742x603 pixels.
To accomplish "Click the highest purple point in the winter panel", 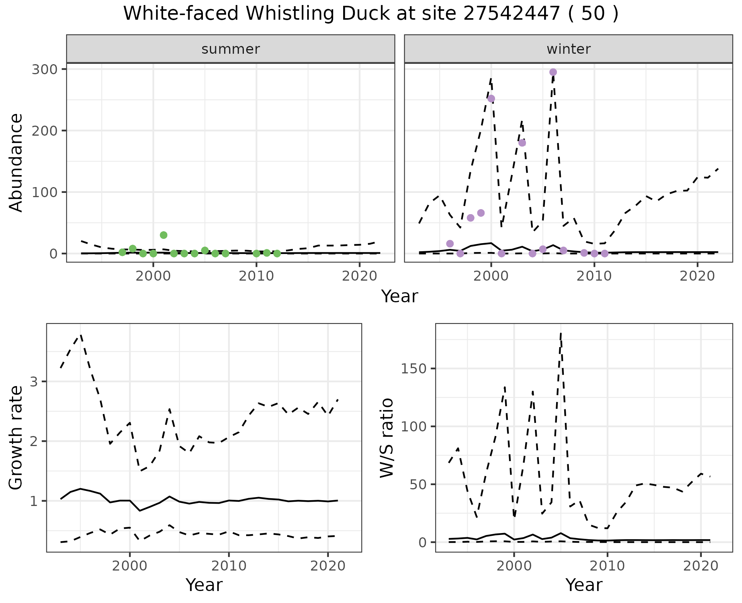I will point(553,72).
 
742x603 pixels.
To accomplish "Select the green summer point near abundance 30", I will point(163,235).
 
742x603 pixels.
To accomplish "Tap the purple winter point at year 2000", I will point(491,99).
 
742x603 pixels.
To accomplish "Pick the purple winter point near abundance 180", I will point(522,143).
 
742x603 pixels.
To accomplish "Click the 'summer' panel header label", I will point(231,49).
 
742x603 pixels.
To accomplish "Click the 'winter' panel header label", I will point(568,49).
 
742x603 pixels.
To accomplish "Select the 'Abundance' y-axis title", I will point(16,162).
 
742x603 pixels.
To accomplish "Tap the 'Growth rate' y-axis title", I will point(16,438).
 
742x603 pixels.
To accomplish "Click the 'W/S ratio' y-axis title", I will point(386,438).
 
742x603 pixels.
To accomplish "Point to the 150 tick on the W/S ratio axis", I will point(413,368).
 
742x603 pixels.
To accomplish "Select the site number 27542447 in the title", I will point(511,14).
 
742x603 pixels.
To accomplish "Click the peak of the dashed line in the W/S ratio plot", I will point(560,334).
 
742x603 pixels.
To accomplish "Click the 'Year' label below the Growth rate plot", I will point(204,585).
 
